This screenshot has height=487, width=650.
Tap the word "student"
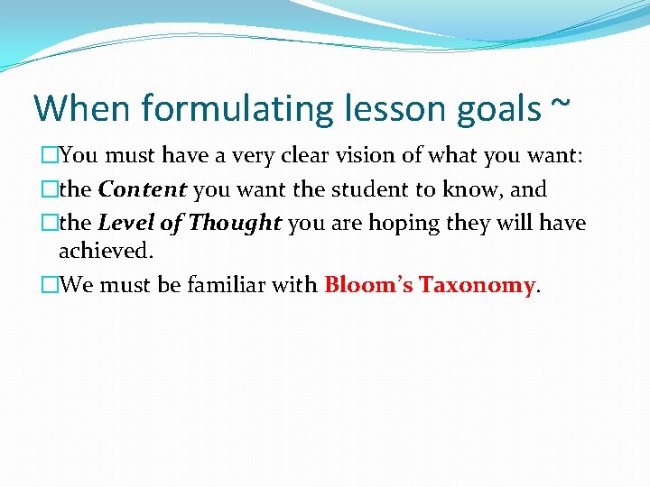coord(362,189)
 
